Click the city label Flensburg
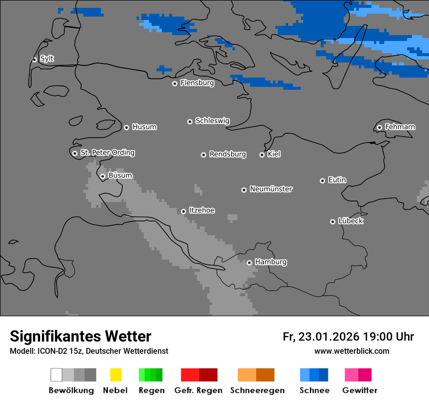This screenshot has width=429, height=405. click(197, 83)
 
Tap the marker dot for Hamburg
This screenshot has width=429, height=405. click(249, 263)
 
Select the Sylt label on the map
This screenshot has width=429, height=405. click(47, 59)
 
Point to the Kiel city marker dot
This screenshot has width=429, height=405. click(262, 155)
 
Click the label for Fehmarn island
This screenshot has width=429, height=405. click(400, 127)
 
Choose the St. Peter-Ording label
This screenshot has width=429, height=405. click(107, 153)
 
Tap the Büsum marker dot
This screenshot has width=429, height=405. click(102, 176)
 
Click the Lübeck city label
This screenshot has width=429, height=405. click(351, 221)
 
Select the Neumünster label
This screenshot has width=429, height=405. click(271, 189)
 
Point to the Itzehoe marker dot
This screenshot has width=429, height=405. click(183, 211)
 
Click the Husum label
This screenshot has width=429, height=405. click(144, 127)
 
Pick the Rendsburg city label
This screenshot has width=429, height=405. click(228, 154)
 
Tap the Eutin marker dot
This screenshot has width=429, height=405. click(322, 181)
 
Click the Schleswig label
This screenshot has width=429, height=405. click(212, 121)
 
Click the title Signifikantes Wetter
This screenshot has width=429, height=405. click(80, 336)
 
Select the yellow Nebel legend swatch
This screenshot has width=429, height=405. click(116, 375)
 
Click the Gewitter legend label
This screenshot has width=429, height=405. click(359, 390)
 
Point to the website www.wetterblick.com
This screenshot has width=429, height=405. click(351, 351)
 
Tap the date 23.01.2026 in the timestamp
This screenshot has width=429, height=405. click(329, 337)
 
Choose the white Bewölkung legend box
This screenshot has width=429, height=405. click(57, 375)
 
